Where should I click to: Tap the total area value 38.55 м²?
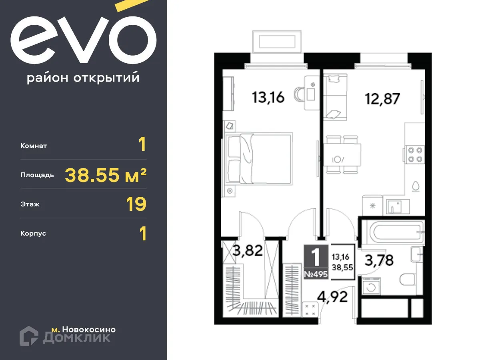pos(106,175)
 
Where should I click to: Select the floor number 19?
pos(136,204)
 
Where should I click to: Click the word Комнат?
pos(34,146)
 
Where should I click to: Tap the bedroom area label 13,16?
pos(268,97)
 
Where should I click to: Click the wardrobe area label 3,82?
pos(248,251)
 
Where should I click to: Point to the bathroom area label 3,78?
pos(379,260)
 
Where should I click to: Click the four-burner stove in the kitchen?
pos(414,155)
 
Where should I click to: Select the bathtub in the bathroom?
pos(392,232)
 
